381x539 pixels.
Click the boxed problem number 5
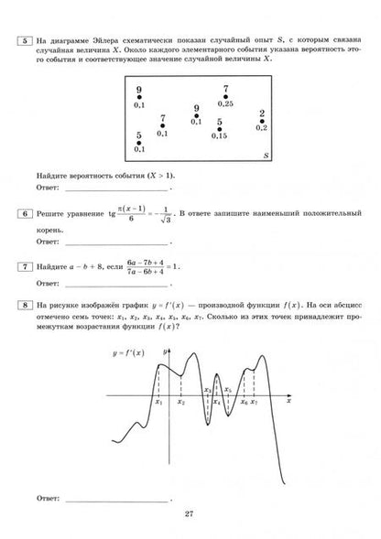tap(25, 39)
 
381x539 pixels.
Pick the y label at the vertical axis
tap(162, 350)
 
